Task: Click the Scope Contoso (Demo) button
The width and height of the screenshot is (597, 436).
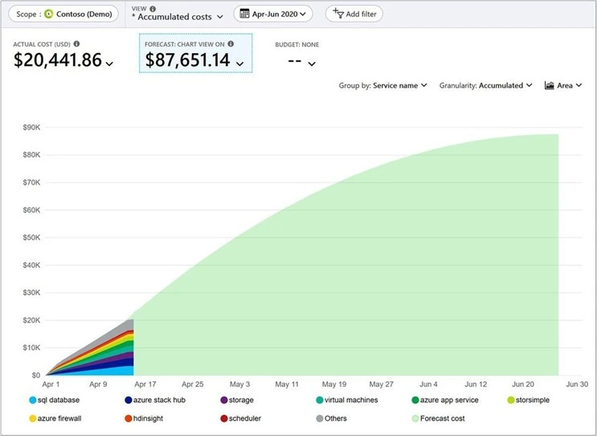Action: (x=62, y=14)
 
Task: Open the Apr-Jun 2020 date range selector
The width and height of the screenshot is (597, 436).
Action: (x=272, y=14)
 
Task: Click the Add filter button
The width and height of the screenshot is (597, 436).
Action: (x=354, y=14)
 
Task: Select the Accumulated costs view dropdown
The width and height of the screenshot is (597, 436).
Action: (x=177, y=17)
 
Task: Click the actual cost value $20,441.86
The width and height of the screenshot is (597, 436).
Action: (x=58, y=60)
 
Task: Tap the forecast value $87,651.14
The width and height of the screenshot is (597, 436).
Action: (x=188, y=60)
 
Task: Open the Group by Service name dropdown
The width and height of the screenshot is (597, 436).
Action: (x=382, y=85)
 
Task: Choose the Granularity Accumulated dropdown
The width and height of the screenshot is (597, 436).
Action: (x=485, y=85)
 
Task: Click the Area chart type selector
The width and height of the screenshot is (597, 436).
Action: (x=563, y=85)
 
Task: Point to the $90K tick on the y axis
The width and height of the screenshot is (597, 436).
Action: (x=31, y=127)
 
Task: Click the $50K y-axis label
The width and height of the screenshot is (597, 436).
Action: (x=31, y=237)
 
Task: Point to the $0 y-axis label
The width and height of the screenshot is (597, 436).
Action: (x=35, y=375)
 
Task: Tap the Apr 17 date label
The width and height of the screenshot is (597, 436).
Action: (x=145, y=385)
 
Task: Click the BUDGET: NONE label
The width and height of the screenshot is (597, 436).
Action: (x=296, y=45)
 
